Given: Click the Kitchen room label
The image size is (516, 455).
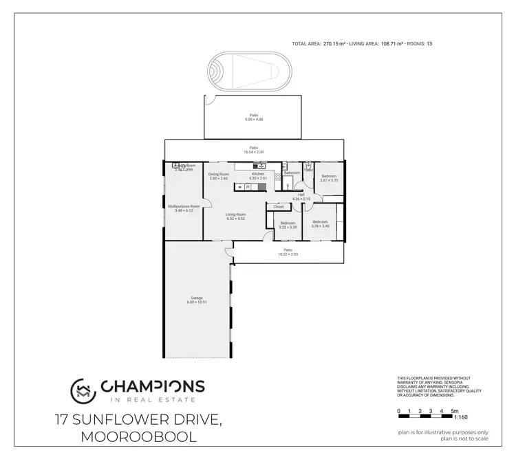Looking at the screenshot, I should click(258, 175).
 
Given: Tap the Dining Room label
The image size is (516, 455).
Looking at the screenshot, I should click(219, 175).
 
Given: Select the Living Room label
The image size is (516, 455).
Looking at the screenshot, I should click(236, 214).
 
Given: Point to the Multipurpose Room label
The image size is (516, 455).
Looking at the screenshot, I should click(184, 206).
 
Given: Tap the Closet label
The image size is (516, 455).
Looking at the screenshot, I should click(279, 206).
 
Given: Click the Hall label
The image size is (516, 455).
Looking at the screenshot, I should click(301, 195).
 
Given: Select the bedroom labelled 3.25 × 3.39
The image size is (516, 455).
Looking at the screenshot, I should click(288, 226).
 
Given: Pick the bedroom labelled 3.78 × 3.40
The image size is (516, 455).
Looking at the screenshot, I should click(320, 225).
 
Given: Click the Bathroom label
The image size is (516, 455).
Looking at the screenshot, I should click(292, 173).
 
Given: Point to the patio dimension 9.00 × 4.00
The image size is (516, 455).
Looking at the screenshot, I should click(254, 120).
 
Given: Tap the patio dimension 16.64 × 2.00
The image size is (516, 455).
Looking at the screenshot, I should click(254, 151).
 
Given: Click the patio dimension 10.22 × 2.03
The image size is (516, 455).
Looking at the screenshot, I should click(288, 254).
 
